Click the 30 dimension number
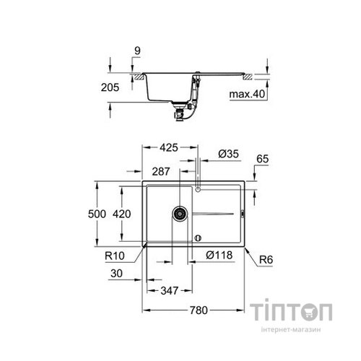click(x=118, y=274)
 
